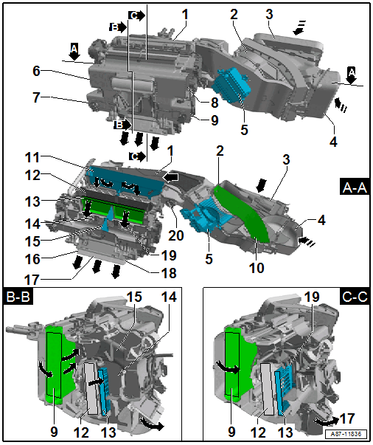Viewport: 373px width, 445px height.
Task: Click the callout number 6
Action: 37,71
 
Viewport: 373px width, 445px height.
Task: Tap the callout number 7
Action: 36,97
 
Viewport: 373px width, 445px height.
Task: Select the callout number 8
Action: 215,103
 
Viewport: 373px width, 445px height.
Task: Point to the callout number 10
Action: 257,268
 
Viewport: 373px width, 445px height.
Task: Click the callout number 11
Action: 32,157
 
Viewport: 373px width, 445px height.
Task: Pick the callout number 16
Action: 32,259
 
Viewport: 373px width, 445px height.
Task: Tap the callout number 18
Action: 169,273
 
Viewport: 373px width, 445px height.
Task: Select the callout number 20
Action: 176,235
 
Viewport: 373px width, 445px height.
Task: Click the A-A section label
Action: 355,187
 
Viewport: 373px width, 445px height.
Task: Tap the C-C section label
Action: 355,296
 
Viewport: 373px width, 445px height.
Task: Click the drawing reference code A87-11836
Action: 346,434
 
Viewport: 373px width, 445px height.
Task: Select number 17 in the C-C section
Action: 347,418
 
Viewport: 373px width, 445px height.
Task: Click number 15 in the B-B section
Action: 133,297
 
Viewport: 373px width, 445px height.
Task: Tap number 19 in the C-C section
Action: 312,297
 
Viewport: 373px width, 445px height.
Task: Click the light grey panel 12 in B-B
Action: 91,388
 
